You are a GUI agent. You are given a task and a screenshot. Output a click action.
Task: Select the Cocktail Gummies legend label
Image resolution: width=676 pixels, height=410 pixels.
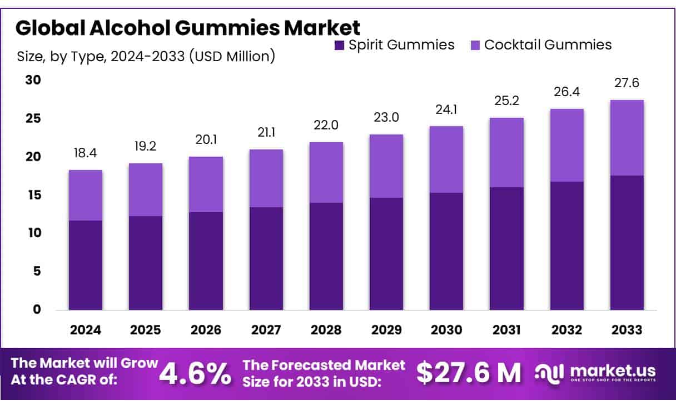[x=548, y=45]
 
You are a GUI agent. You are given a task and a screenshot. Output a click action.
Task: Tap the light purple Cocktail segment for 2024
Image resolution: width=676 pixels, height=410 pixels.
[x=86, y=195]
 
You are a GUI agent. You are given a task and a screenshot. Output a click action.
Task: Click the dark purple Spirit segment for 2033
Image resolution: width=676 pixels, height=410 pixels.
[x=627, y=243]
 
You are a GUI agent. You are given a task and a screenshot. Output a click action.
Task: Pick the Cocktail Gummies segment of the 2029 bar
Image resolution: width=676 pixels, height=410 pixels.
[x=386, y=166]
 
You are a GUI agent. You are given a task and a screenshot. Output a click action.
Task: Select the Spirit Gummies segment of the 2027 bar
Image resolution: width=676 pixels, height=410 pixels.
[x=266, y=258]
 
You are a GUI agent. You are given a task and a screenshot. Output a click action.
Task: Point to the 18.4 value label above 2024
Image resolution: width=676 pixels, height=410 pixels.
[x=86, y=152]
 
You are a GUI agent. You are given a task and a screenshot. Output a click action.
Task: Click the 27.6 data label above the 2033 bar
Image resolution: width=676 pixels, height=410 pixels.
[x=627, y=83]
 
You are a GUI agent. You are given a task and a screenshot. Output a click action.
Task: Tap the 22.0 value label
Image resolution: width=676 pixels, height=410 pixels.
[x=326, y=125]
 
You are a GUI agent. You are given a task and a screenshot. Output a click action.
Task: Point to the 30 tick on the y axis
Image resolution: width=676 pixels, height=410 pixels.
[x=33, y=80]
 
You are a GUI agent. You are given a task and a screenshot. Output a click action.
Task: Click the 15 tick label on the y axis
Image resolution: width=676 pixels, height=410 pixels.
[x=33, y=195]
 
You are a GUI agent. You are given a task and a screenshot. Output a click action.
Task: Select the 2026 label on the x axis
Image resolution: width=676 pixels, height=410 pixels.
[x=206, y=329]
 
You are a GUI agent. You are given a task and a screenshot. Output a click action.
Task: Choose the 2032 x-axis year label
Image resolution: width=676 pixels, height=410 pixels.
[x=566, y=329]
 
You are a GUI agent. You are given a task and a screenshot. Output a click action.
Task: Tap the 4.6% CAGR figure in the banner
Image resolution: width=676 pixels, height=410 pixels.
[x=196, y=374]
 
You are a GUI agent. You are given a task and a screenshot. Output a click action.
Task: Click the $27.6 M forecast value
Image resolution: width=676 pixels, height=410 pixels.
[x=469, y=374]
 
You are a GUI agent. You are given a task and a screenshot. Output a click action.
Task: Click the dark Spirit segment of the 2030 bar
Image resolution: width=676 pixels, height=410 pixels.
[x=446, y=251]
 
